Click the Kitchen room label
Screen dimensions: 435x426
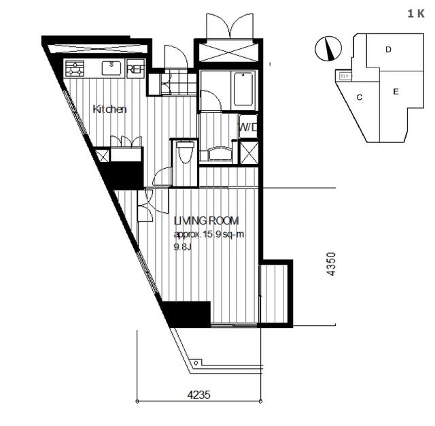pyautogui.click(x=109, y=109)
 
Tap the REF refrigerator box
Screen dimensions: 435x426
pyautogui.click(x=136, y=69)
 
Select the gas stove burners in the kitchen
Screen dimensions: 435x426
pyautogui.click(x=75, y=68)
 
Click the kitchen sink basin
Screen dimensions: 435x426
pyautogui.click(x=111, y=68)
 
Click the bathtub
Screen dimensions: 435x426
pyautogui.click(x=243, y=89)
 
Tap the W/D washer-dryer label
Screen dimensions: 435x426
pyautogui.click(x=247, y=127)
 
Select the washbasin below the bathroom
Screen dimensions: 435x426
pyautogui.click(x=220, y=154)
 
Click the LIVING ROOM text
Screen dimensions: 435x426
pyautogui.click(x=206, y=220)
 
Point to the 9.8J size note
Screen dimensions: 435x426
pyautogui.click(x=183, y=246)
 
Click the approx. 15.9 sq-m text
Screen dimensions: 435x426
pyautogui.click(x=209, y=234)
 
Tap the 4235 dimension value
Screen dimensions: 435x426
pyautogui.click(x=199, y=395)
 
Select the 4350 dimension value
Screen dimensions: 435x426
pyautogui.click(x=331, y=264)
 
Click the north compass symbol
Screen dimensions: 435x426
pyautogui.click(x=328, y=48)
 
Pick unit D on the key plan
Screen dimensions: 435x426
pyautogui.click(x=388, y=50)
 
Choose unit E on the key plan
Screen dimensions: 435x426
pyautogui.click(x=396, y=91)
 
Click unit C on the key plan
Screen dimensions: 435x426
pyautogui.click(x=360, y=97)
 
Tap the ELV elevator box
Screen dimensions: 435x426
pyautogui.click(x=344, y=76)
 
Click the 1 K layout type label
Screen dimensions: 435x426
pyautogui.click(x=416, y=14)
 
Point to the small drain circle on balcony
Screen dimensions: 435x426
pyautogui.click(x=196, y=363)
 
